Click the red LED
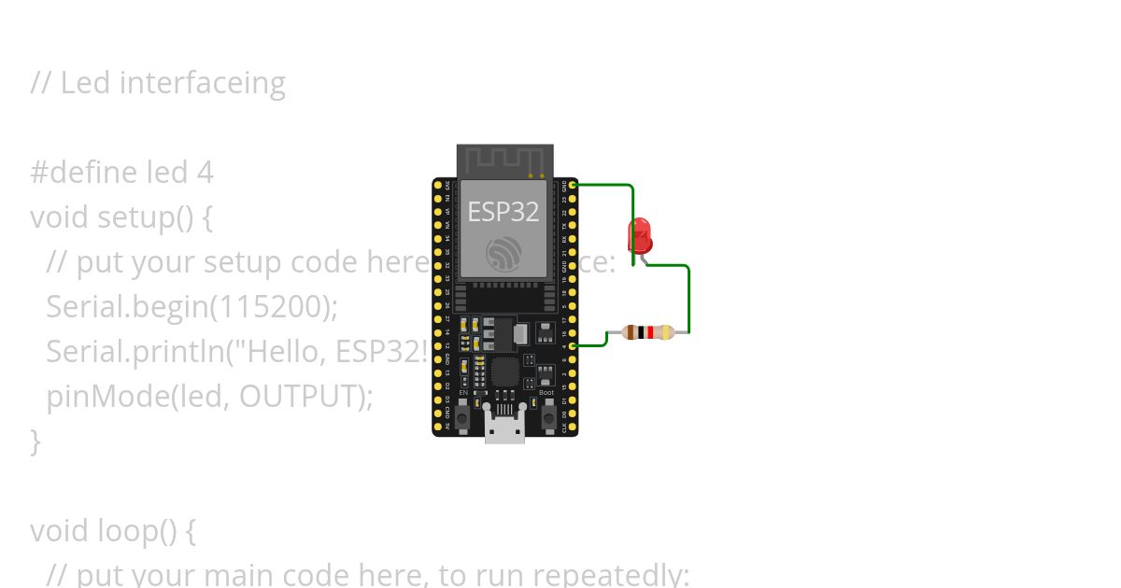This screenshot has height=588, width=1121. [x=640, y=234]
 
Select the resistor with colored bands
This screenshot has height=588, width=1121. [x=647, y=332]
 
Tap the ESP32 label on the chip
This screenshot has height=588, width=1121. [x=503, y=212]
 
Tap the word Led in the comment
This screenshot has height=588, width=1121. [x=86, y=83]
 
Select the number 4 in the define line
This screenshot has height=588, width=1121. [x=206, y=173]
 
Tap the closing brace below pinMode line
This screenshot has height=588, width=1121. [x=35, y=441]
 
